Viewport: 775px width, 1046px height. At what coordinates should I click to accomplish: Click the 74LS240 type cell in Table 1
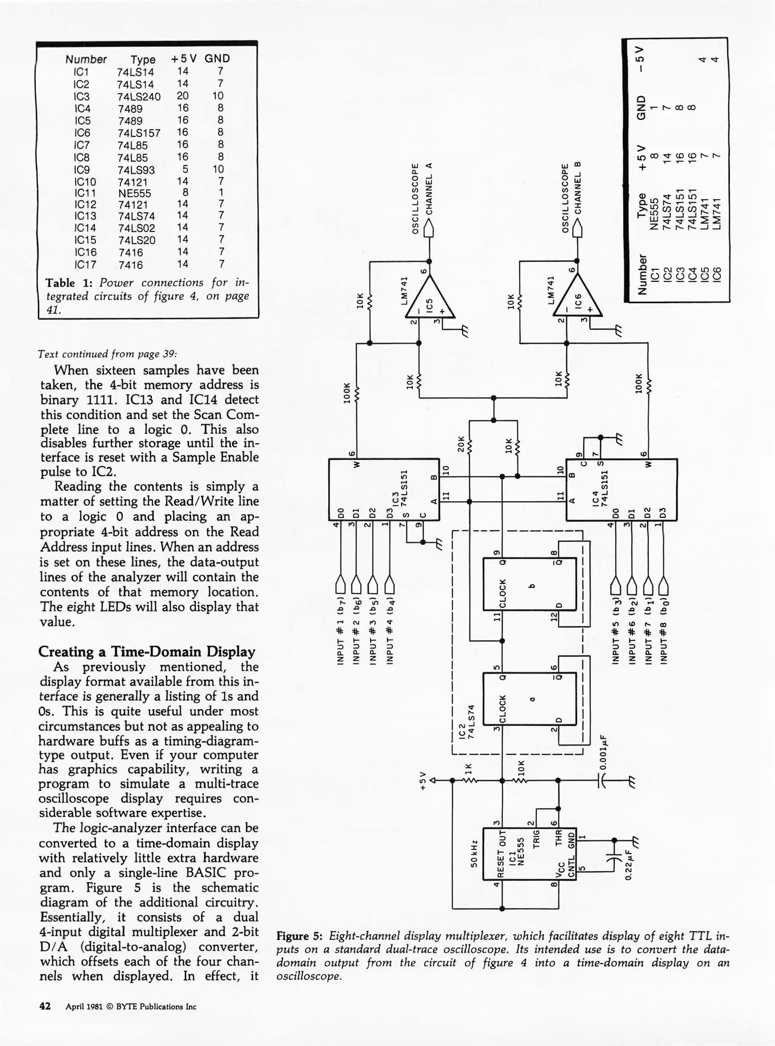pyautogui.click(x=139, y=96)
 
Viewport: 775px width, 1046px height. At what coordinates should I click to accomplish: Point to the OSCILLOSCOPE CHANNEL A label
pyautogui.click(x=421, y=198)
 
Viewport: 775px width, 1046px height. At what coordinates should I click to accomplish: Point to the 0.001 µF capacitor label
pyautogui.click(x=603, y=746)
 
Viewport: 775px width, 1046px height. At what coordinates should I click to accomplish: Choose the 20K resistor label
pyautogui.click(x=461, y=444)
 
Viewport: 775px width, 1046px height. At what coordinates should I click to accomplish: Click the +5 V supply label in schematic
pyautogui.click(x=422, y=780)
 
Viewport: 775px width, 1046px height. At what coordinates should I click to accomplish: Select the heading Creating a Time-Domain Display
pyautogui.click(x=147, y=651)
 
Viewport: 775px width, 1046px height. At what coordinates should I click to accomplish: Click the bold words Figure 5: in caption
pyautogui.click(x=299, y=935)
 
